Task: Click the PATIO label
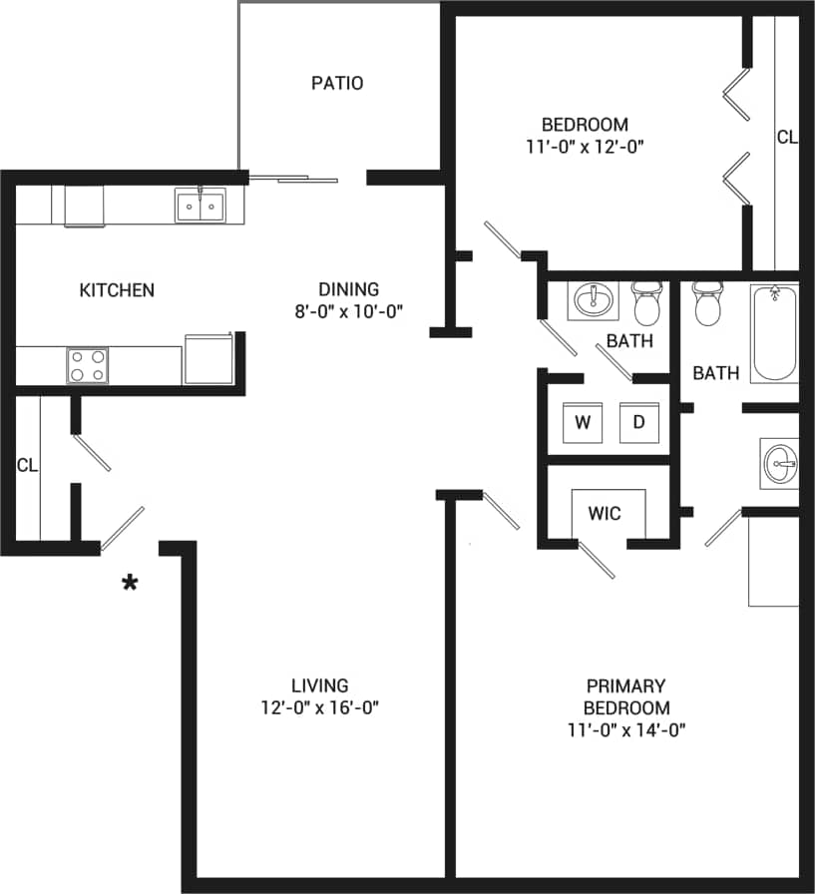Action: tap(337, 83)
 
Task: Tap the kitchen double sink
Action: tap(200, 207)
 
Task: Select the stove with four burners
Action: tap(87, 365)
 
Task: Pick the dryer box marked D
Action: tap(638, 423)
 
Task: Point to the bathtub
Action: tap(775, 333)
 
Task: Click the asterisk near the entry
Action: tap(130, 584)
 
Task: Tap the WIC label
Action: tap(605, 514)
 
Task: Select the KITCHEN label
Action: tap(117, 290)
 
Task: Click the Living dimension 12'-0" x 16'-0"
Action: tap(320, 707)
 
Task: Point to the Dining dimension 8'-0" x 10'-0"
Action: tap(348, 310)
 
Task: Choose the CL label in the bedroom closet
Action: tap(787, 138)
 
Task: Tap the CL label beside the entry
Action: tap(27, 465)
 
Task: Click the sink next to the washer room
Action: tap(595, 299)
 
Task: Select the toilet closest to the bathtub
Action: tap(707, 303)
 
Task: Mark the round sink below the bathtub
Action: tap(779, 463)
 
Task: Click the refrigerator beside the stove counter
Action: tap(208, 359)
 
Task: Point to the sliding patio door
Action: tap(293, 180)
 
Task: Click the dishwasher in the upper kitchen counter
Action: tap(84, 207)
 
